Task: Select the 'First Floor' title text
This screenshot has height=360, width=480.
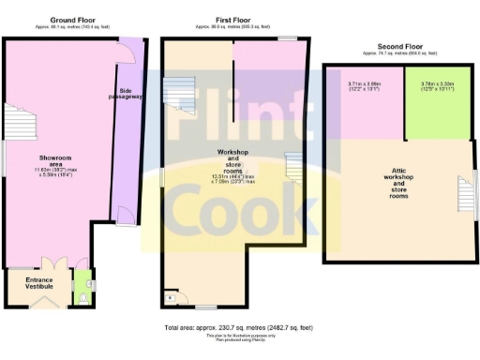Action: tap(232, 19)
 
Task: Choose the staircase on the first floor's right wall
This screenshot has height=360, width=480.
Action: tap(294, 168)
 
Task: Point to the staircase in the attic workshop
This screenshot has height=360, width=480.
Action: tap(466, 197)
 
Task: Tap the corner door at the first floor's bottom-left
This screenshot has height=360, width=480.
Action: tap(170, 296)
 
